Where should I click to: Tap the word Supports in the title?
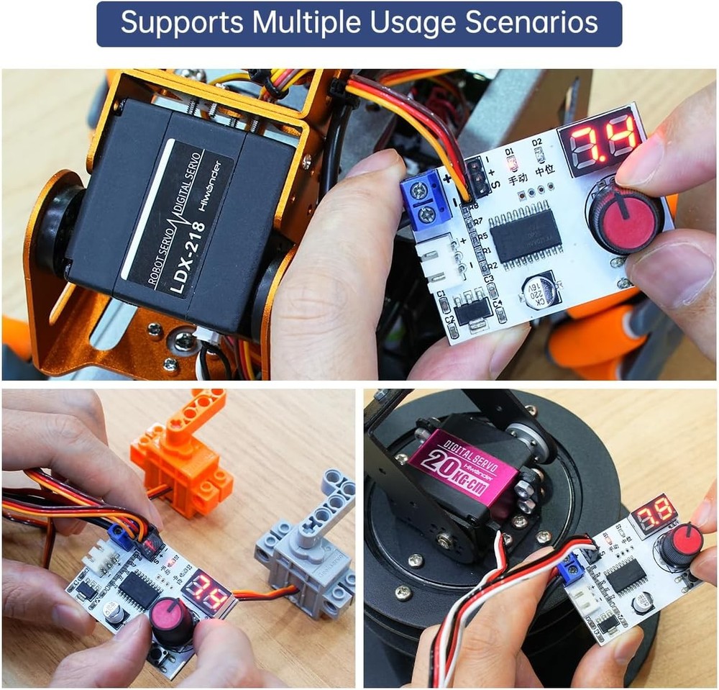coord(176,23)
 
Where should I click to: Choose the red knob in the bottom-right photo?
coord(680,545)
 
